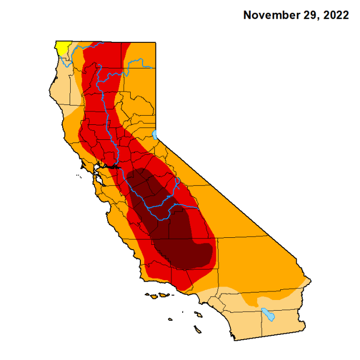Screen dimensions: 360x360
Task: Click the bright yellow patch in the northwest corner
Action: (x=62, y=47)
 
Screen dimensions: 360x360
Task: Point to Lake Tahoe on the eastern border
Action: (x=155, y=134)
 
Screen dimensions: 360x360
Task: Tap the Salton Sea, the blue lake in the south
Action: (x=268, y=314)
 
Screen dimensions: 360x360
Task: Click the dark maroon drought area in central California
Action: (x=171, y=225)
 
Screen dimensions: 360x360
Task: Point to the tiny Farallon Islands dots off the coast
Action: (x=80, y=173)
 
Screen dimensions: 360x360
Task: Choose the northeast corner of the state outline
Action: (x=155, y=43)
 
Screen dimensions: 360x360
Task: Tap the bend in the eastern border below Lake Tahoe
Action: (x=156, y=144)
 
